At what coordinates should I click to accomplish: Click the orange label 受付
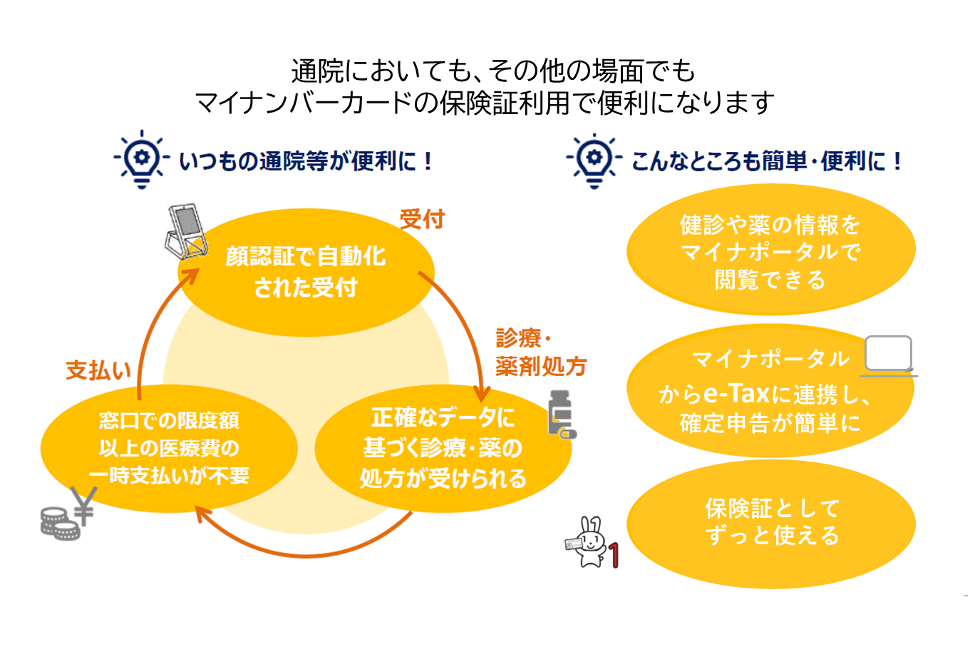(422, 219)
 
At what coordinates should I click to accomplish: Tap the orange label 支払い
(98, 370)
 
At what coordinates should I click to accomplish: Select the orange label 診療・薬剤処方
(540, 352)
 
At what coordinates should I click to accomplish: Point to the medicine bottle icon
(561, 414)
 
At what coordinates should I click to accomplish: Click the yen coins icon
(67, 514)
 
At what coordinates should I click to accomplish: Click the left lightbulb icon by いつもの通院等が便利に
(142, 158)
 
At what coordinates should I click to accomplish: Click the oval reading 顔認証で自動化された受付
(306, 272)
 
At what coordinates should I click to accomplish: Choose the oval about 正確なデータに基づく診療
(443, 448)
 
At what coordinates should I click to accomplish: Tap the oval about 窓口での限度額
(169, 448)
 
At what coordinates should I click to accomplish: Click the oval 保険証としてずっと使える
(771, 523)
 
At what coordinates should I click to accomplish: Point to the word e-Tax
(736, 394)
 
